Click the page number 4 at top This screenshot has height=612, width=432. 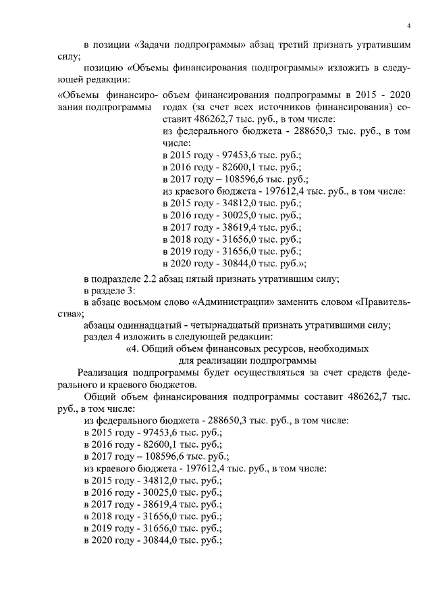[409, 26]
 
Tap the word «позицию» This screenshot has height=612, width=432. [102, 68]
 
